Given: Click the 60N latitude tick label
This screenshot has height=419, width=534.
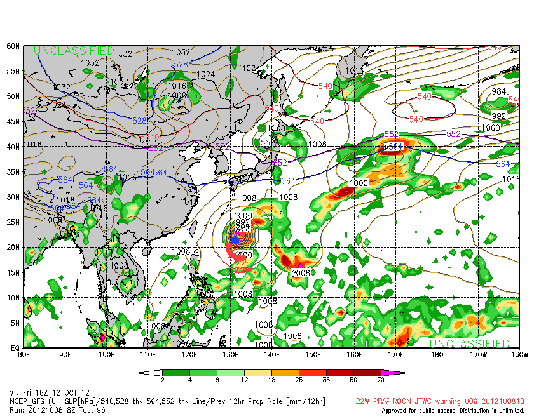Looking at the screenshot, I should (x=13, y=46).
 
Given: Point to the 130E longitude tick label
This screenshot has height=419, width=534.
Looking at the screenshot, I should (x=231, y=354).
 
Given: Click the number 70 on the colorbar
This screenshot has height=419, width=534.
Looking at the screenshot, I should (x=381, y=380).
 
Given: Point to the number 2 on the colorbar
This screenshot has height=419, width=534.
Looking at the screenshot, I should (x=162, y=380).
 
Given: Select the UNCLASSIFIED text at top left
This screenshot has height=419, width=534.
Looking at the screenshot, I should (x=74, y=51).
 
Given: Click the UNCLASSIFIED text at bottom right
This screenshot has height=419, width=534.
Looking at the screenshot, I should (x=469, y=343).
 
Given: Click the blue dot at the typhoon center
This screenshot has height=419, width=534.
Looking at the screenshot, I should (x=235, y=240).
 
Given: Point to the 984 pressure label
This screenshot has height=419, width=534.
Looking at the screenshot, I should (x=499, y=91).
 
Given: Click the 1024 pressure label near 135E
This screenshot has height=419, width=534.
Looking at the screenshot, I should (x=252, y=68).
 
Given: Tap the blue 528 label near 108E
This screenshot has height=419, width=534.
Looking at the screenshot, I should (x=140, y=121).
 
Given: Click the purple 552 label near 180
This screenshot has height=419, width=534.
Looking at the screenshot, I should (x=453, y=134).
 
